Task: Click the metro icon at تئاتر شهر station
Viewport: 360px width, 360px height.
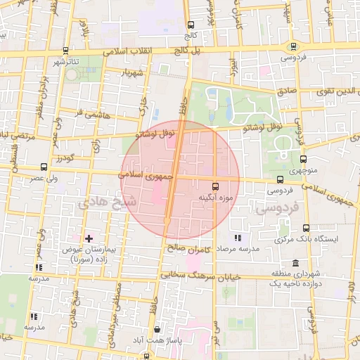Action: coord(66,51)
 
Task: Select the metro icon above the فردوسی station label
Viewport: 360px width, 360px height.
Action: coord(293,46)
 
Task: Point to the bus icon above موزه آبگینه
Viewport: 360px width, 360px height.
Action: coord(215,187)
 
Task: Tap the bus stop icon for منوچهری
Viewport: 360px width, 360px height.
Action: coord(304,159)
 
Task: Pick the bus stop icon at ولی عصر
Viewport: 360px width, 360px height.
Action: coord(44,167)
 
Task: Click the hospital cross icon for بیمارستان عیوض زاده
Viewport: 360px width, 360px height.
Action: coord(88,238)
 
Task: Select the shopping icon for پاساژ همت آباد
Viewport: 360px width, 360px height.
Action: coord(156,329)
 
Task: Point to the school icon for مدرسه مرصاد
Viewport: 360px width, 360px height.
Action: coord(237,238)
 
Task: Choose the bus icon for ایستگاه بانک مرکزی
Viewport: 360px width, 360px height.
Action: coord(306,228)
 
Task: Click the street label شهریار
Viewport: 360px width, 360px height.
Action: coord(131,72)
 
